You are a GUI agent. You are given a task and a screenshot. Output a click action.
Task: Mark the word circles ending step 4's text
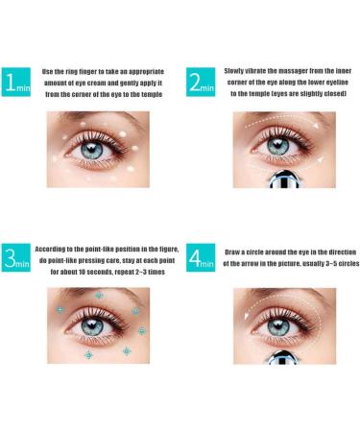click(326, 262)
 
